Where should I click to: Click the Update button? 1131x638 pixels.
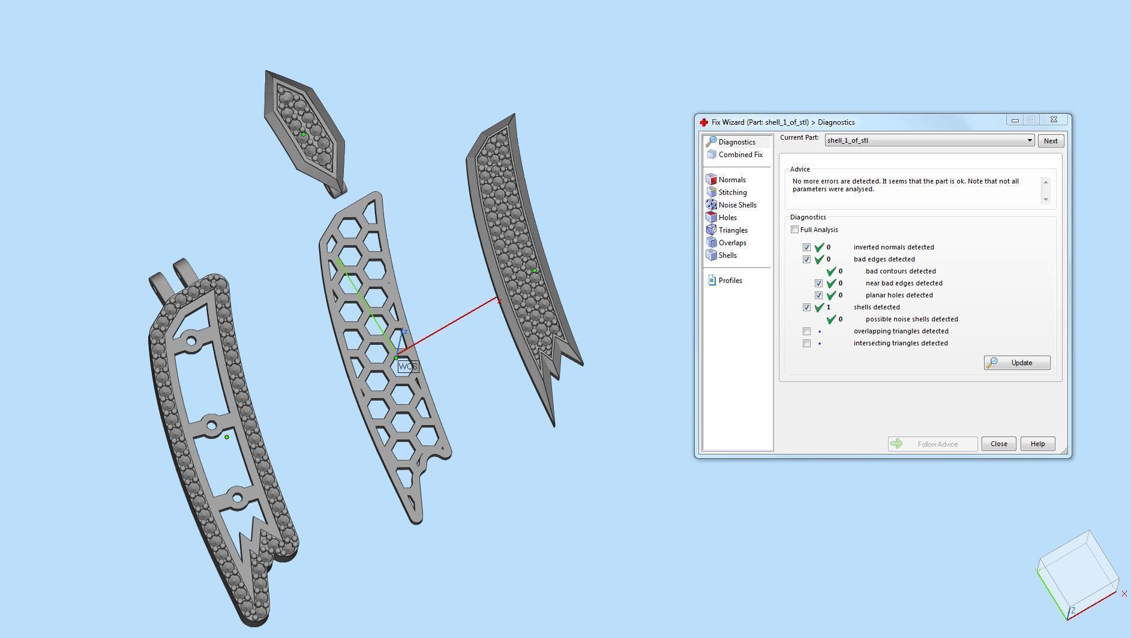[1017, 363]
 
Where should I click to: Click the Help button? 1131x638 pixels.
[1037, 444]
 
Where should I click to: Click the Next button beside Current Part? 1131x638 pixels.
[1050, 141]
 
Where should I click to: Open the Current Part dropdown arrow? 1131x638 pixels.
[1030, 141]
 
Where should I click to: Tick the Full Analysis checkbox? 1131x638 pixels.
[795, 230]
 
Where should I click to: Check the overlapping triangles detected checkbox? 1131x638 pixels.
[806, 332]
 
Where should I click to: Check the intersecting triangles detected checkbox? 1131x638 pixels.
[806, 344]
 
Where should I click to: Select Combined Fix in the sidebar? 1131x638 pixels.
[740, 155]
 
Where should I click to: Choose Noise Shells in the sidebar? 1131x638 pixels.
[737, 205]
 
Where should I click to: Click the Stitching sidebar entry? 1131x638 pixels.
[732, 192]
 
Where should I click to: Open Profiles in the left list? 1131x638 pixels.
[730, 281]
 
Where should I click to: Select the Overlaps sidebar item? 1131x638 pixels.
[732, 243]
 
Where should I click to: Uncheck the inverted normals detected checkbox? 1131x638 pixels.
[806, 248]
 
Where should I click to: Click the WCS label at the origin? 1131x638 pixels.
[407, 366]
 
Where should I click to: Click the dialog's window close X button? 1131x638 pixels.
[1054, 120]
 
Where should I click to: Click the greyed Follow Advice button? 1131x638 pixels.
[932, 444]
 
